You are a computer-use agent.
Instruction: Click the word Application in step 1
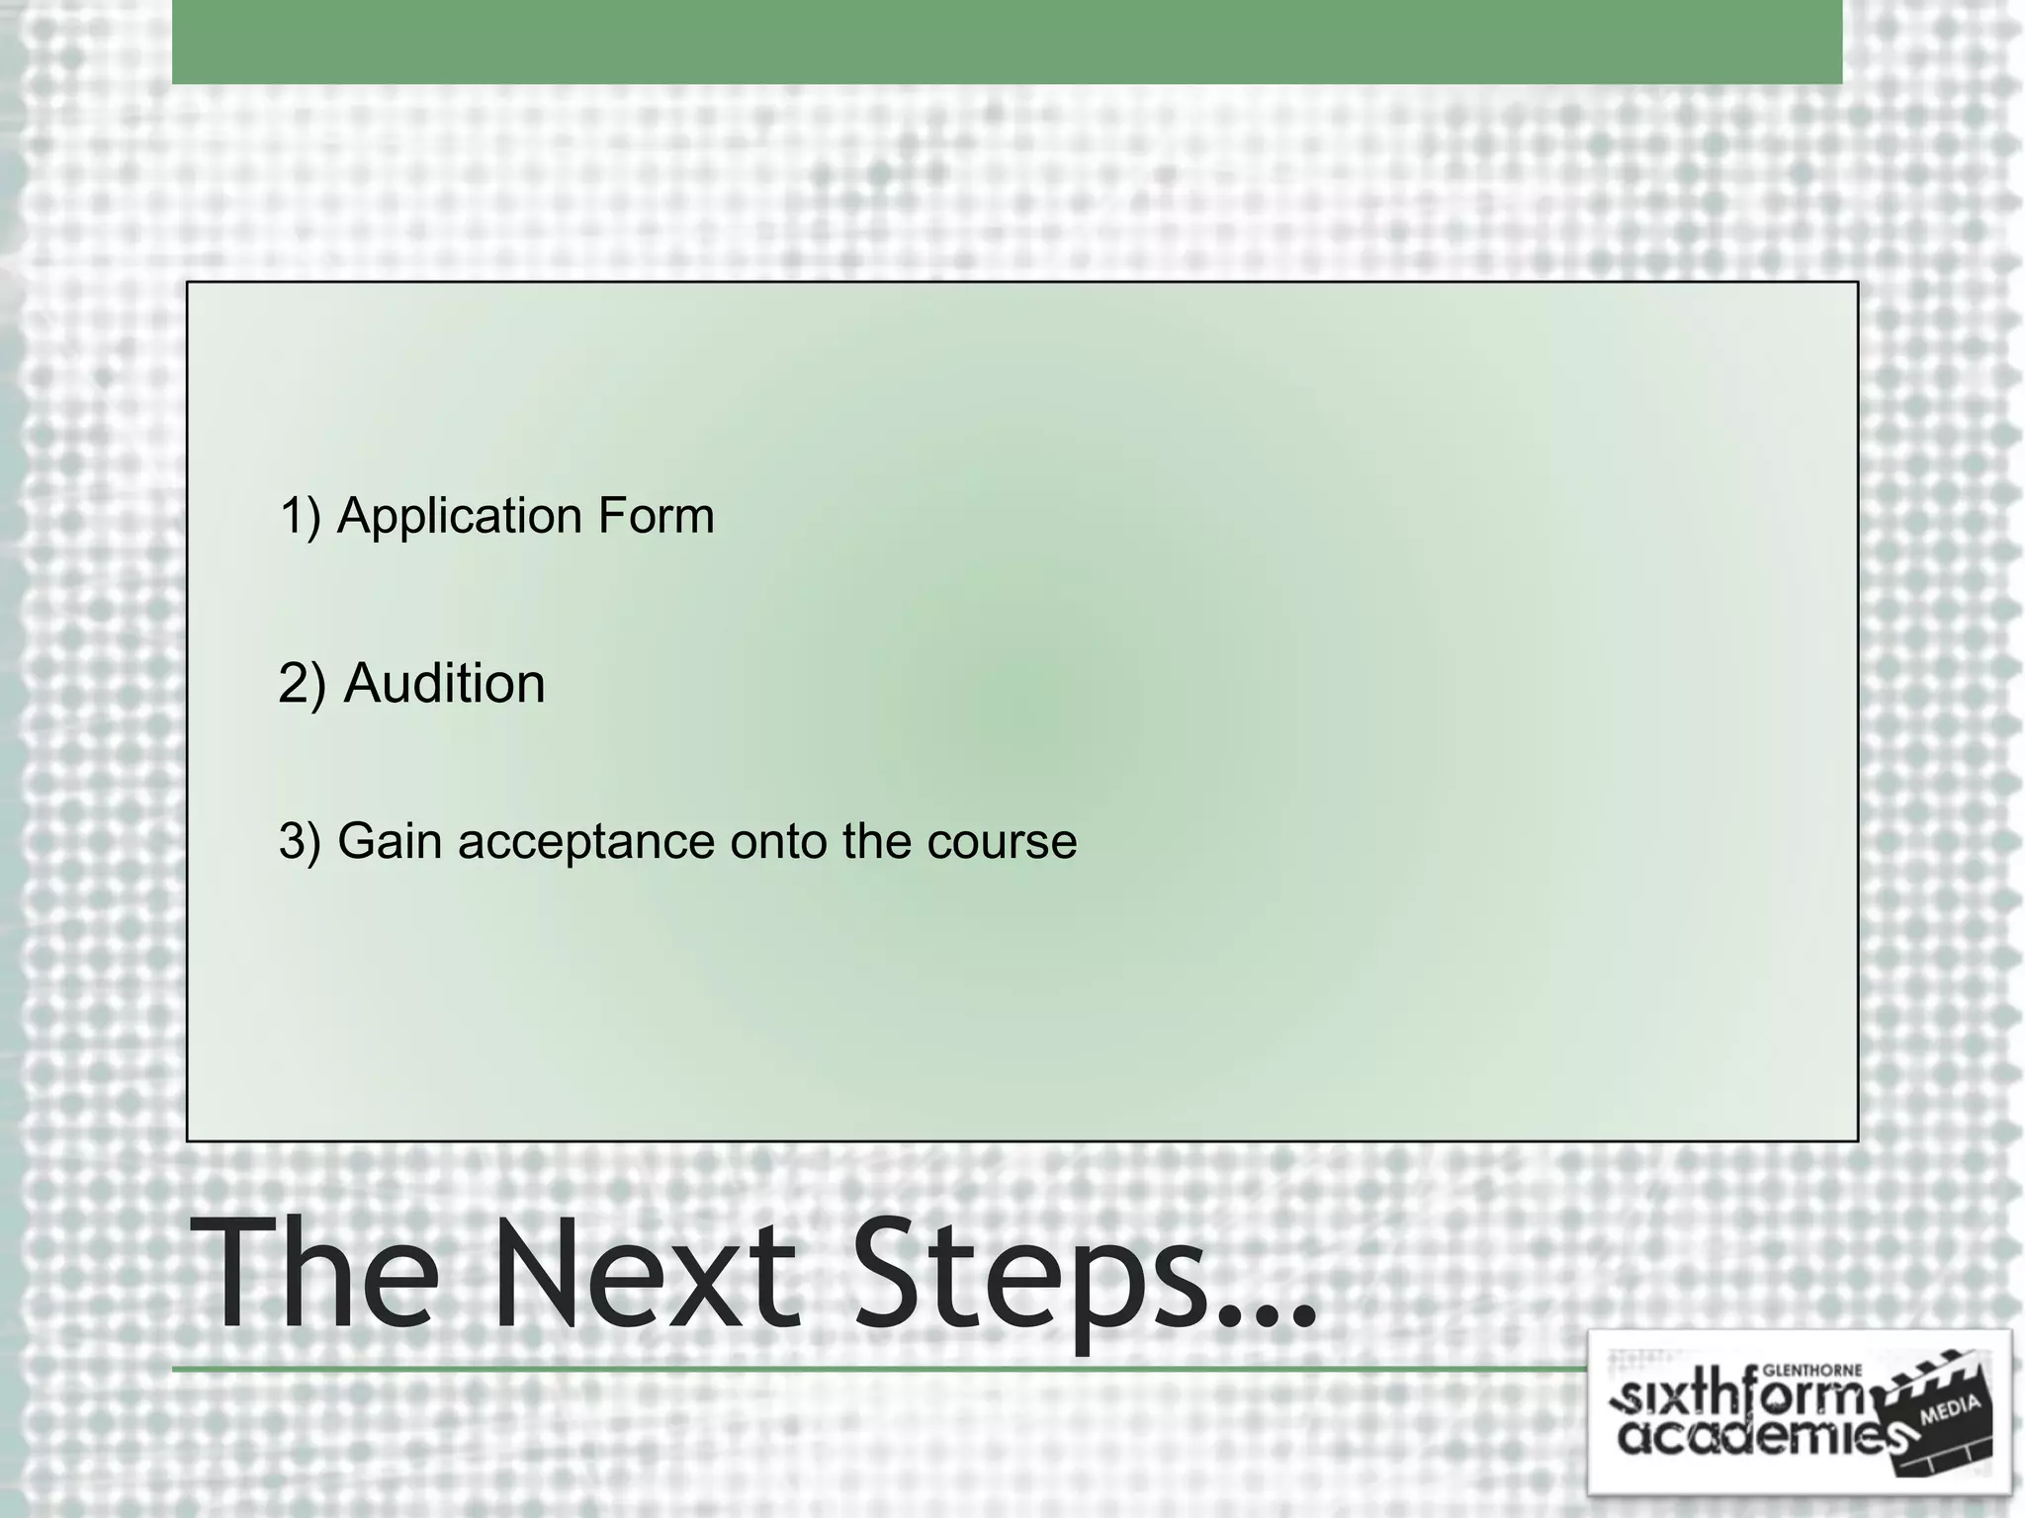[x=458, y=517]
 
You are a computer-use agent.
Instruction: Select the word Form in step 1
[x=655, y=516]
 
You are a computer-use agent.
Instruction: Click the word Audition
[x=444, y=684]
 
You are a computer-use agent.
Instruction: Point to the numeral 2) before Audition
[x=302, y=684]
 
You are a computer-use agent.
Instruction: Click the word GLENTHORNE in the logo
[x=1813, y=1371]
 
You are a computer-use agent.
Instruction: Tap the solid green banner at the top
[x=1007, y=42]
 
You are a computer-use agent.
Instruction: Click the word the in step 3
[x=876, y=842]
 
